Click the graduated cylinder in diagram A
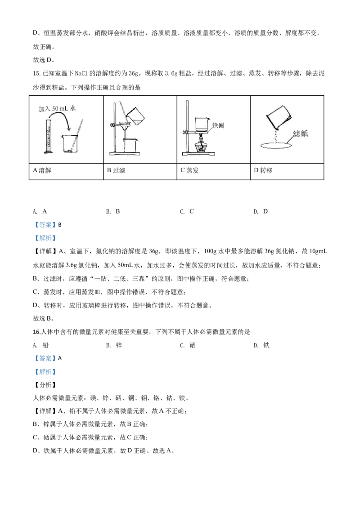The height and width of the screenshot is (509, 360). coord(49,136)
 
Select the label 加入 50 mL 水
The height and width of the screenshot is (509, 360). coord(57,108)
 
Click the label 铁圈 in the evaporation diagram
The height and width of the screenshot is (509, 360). coord(218,125)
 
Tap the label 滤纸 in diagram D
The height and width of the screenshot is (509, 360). coord(300,133)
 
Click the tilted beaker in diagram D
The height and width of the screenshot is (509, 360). coord(279,117)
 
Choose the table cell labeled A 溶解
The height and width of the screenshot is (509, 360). coord(66,171)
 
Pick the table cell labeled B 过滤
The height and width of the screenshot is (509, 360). coord(140,171)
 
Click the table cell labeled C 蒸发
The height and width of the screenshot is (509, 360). coord(213,171)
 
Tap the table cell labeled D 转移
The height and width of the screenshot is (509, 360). coord(287,171)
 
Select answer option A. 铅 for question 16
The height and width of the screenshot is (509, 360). coord(40,345)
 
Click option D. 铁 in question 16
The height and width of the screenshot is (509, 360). coord(261,345)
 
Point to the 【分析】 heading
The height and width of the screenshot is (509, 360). coord(45,384)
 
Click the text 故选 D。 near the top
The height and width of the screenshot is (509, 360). coord(44,60)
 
